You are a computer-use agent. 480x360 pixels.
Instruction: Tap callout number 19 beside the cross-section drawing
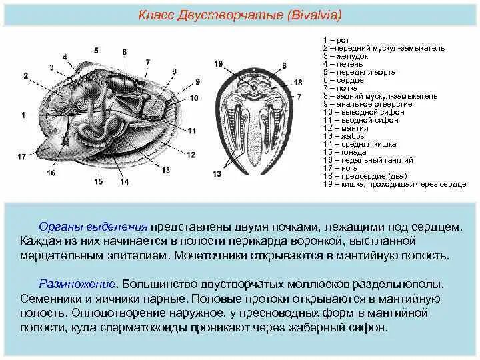pyautogui.click(x=219, y=63)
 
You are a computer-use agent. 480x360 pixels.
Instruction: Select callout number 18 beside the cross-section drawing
pyautogui.click(x=298, y=82)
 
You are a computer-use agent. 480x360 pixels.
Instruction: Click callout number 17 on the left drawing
pyautogui.click(x=21, y=157)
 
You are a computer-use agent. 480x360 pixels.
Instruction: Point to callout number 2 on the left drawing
pyautogui.click(x=25, y=76)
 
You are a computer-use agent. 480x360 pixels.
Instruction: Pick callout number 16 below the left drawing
pyautogui.click(x=51, y=173)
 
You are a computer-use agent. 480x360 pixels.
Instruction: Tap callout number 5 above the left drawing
pyautogui.click(x=96, y=51)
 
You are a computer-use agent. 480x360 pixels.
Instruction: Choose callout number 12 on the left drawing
pyautogui.click(x=191, y=155)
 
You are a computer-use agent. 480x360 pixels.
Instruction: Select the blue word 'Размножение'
pyautogui.click(x=69, y=283)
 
